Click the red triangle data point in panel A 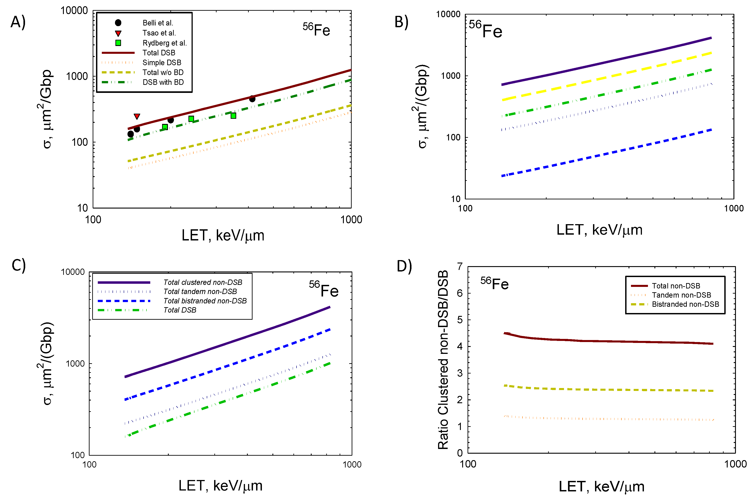[x=137, y=116]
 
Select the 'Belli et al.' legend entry [x=158, y=23]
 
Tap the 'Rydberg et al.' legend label [x=165, y=43]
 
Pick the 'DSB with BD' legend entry [x=163, y=82]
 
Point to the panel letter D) [x=404, y=266]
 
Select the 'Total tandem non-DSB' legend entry [x=200, y=292]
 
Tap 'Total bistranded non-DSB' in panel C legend [x=205, y=301]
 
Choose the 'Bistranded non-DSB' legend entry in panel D [x=685, y=304]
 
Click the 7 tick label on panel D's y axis [x=460, y=267]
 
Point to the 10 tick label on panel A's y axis [x=83, y=208]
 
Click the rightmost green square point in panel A [x=234, y=115]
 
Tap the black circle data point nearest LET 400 [x=252, y=99]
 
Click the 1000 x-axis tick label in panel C [x=352, y=465]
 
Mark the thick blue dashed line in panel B [x=606, y=153]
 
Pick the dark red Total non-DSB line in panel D [x=609, y=341]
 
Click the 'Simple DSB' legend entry [x=162, y=63]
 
